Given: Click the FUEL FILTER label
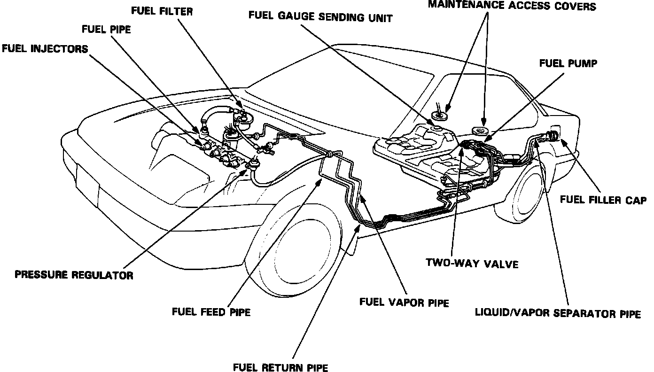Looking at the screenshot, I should [163, 11].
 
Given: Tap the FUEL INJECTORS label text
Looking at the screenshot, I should [45, 49].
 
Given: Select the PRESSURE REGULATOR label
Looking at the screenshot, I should [74, 275].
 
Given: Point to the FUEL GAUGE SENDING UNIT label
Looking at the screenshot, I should [320, 18].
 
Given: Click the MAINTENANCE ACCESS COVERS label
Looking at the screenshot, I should [512, 6].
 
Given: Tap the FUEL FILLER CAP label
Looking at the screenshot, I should [603, 200].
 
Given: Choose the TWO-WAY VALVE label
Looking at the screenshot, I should [472, 263].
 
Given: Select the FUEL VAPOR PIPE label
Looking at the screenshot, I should [404, 302].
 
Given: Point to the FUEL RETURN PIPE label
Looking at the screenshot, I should [280, 367].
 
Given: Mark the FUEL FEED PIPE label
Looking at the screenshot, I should [211, 311].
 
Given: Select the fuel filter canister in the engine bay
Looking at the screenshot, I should [243, 117].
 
